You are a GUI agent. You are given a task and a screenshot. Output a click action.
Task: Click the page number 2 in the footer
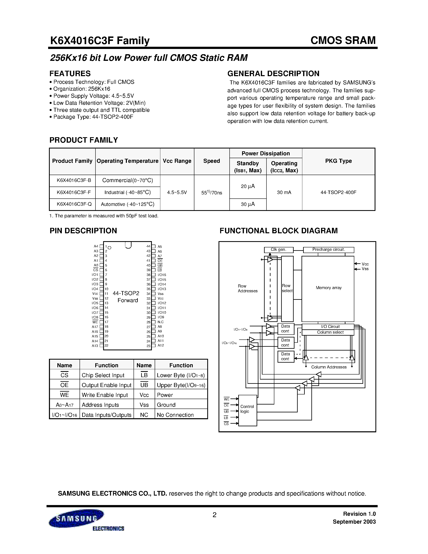click(214, 515)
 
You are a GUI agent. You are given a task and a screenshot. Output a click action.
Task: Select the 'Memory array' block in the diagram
click(328, 288)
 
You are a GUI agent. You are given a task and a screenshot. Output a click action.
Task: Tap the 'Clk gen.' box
click(278, 250)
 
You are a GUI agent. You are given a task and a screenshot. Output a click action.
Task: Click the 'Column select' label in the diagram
click(330, 332)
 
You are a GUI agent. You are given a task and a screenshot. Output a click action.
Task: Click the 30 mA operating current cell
click(284, 192)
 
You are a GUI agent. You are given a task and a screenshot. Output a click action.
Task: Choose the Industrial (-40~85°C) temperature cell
click(127, 192)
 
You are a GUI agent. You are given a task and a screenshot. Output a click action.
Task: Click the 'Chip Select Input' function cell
click(103, 375)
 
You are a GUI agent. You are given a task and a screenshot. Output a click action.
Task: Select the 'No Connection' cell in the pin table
click(175, 415)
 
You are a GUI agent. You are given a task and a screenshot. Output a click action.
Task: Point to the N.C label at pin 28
click(161, 322)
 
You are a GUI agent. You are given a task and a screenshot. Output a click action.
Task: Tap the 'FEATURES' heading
click(70, 74)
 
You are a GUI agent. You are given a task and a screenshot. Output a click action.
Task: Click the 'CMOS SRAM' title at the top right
click(343, 40)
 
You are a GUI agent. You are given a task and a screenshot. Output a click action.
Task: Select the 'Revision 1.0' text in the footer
click(359, 514)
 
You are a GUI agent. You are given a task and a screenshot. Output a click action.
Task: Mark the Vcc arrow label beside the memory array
click(365, 264)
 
